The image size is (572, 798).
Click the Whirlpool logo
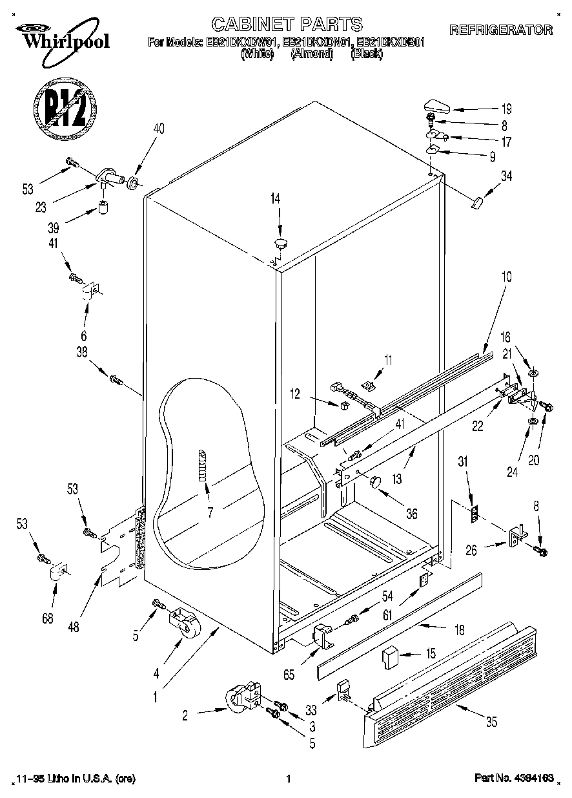[x=62, y=37]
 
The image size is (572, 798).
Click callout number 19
[x=506, y=109]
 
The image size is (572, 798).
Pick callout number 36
[x=411, y=514]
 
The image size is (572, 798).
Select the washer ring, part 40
[x=133, y=183]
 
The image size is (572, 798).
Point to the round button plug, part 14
[x=280, y=243]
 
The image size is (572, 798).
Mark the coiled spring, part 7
[x=203, y=463]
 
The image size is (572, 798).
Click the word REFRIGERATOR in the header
[x=501, y=30]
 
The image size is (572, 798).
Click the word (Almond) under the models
[x=312, y=55]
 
